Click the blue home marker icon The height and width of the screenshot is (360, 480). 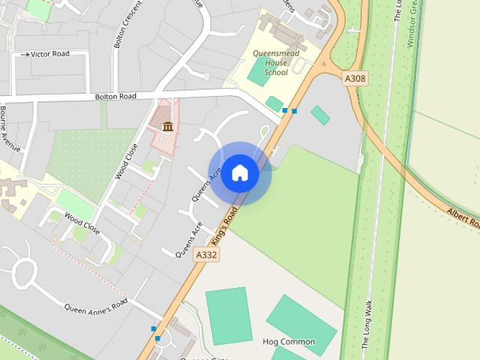pyautogui.click(x=239, y=172)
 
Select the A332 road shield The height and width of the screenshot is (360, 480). pyautogui.click(x=206, y=255)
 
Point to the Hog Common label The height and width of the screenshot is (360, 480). pyautogui.click(x=289, y=342)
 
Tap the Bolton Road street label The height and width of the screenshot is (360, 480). pyautogui.click(x=115, y=97)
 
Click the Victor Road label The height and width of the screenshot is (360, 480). pyautogui.click(x=49, y=54)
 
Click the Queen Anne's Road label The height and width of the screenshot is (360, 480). pyautogui.click(x=96, y=306)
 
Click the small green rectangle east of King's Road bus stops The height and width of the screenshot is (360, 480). pyautogui.click(x=320, y=115)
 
